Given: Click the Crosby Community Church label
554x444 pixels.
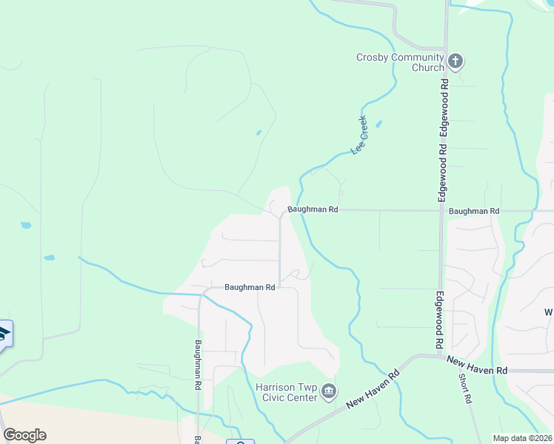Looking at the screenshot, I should [400, 62].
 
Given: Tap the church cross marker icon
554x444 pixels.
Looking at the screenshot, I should [455, 61].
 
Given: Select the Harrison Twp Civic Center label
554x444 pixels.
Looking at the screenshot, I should [287, 391].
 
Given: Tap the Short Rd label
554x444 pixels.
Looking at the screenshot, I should [464, 387].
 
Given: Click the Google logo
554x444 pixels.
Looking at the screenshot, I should [24, 435].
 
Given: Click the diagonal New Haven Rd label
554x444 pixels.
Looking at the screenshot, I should [373, 389].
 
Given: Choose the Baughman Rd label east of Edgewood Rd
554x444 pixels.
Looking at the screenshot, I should [474, 211].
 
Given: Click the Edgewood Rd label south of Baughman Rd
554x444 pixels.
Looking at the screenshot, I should [439, 320].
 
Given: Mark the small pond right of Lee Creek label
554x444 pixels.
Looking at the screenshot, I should [379, 124].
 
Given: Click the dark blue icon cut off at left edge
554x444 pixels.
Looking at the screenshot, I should [4, 334].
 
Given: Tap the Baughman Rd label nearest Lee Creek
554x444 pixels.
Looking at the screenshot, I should [313, 210].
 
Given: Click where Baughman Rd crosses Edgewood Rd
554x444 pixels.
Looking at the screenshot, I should [442, 210].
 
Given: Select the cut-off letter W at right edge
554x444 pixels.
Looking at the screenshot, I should [549, 312].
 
